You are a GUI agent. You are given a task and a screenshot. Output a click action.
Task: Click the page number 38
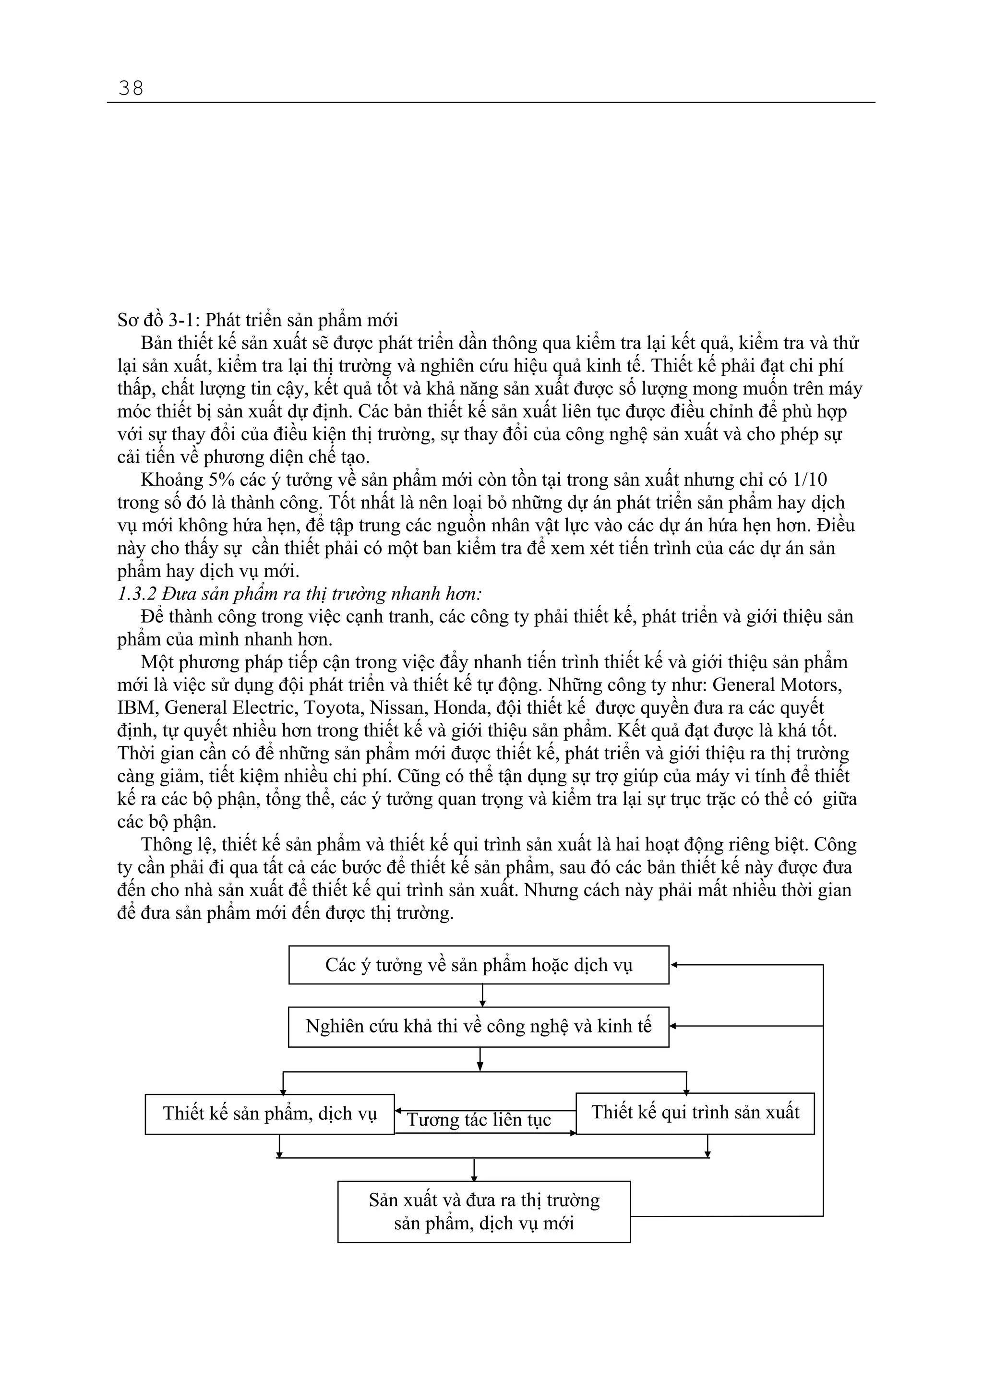131,88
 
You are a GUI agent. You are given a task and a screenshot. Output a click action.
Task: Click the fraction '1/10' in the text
809,480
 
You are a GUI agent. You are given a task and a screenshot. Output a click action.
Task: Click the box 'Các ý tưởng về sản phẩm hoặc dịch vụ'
479,965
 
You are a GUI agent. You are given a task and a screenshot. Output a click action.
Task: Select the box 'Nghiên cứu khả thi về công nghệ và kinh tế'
479,1026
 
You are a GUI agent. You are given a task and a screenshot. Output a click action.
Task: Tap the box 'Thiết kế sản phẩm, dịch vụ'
270,1114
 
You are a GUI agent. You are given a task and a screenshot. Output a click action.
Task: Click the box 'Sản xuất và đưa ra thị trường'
483,1211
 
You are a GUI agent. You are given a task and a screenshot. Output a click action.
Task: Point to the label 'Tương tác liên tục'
479,1120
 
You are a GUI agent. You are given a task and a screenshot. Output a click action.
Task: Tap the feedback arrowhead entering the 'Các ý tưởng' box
674,965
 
